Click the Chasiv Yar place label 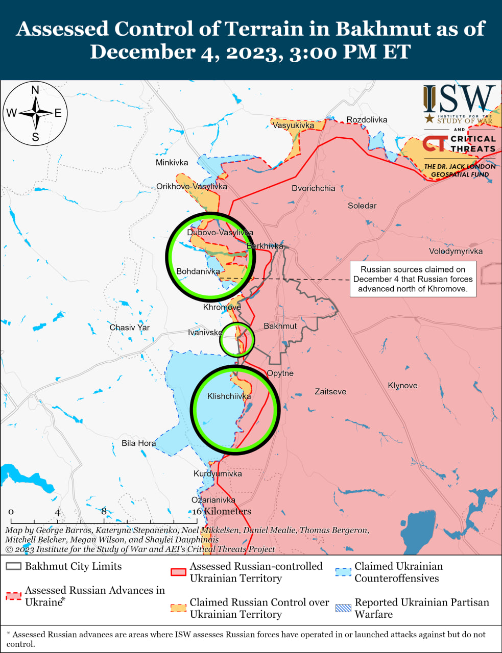[130, 328]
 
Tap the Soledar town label [362, 206]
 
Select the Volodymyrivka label [456, 251]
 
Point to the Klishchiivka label [229, 396]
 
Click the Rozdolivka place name [367, 120]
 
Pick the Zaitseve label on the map [330, 392]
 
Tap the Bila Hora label [138, 443]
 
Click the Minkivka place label [172, 163]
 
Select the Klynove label [402, 386]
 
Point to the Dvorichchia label [314, 188]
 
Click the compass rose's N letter [35, 90]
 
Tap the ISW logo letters [459, 99]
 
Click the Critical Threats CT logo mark [435, 143]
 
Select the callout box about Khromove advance [413, 279]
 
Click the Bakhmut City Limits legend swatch [14, 567]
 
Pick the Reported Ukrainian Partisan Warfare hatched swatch [343, 608]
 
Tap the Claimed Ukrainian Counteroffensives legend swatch [343, 572]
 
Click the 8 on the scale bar [104, 511]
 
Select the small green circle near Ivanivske [237, 339]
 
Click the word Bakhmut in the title [382, 29]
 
